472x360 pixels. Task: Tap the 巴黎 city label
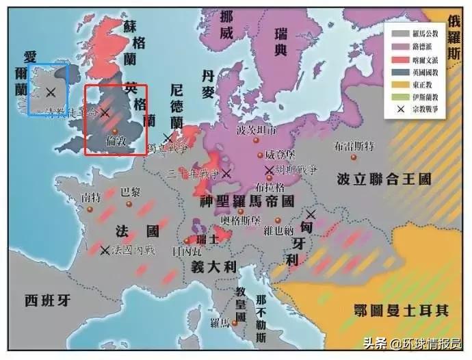pos(130,192)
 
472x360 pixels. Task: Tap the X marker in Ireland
pos(51,91)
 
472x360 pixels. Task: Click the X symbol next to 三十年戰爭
pos(226,175)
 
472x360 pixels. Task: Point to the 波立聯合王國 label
pos(384,180)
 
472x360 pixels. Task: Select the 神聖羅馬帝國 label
pos(247,202)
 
